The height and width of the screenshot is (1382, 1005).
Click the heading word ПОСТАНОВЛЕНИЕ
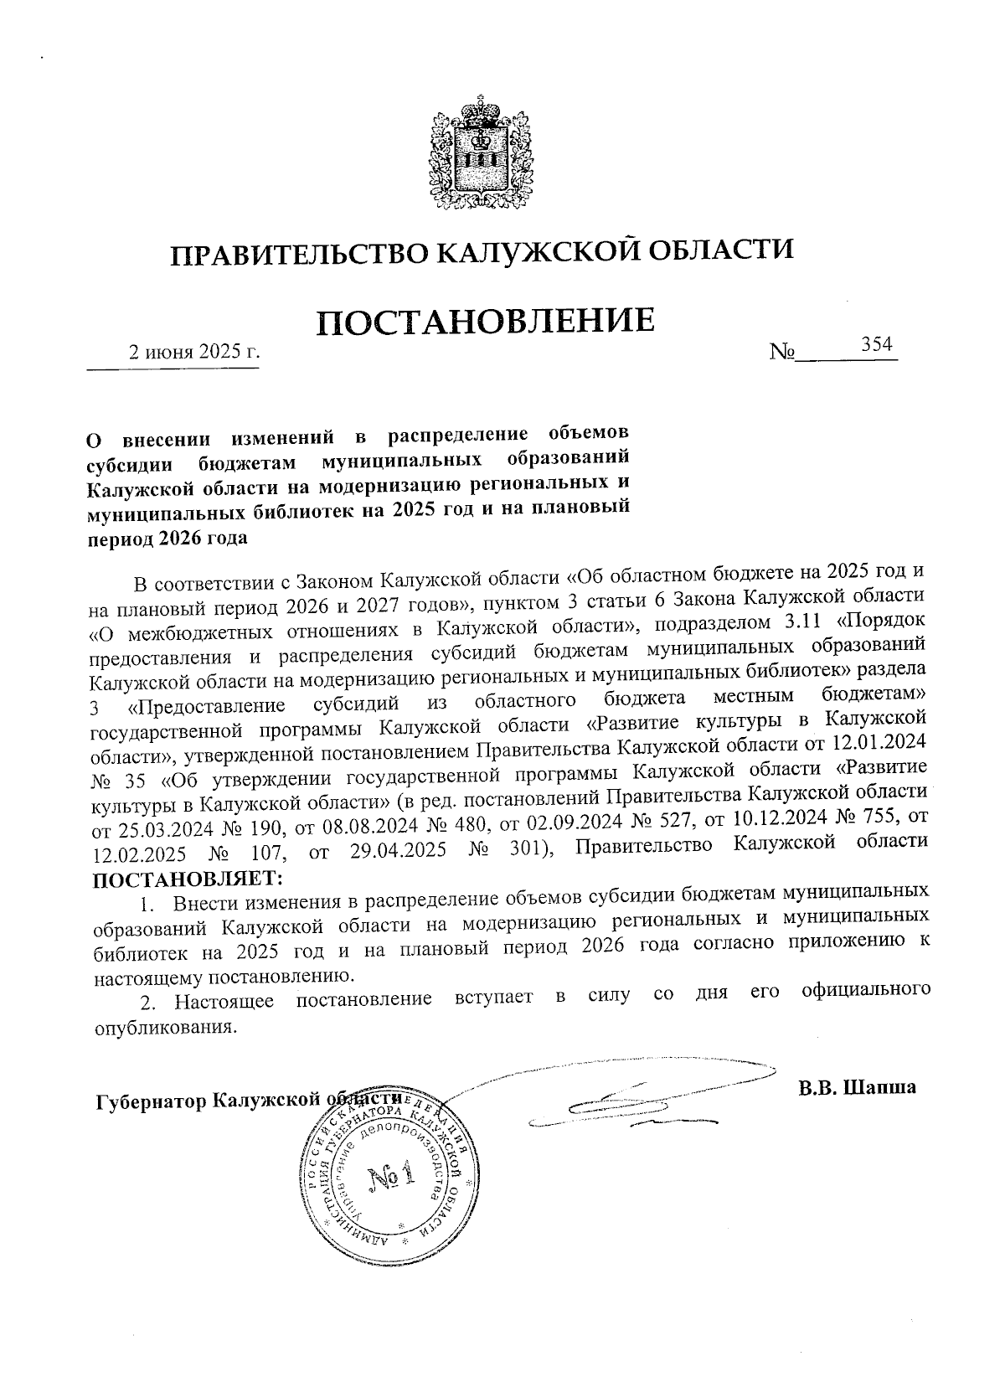[484, 322]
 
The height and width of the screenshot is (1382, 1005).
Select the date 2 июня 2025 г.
[192, 352]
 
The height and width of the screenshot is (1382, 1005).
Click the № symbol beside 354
[782, 353]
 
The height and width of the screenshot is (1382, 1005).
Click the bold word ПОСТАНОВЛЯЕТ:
[187, 880]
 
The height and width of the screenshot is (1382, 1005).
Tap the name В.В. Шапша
[858, 1087]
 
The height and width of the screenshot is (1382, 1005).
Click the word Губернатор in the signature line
[152, 1100]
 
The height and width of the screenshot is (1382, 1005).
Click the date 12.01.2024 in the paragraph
[877, 743]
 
